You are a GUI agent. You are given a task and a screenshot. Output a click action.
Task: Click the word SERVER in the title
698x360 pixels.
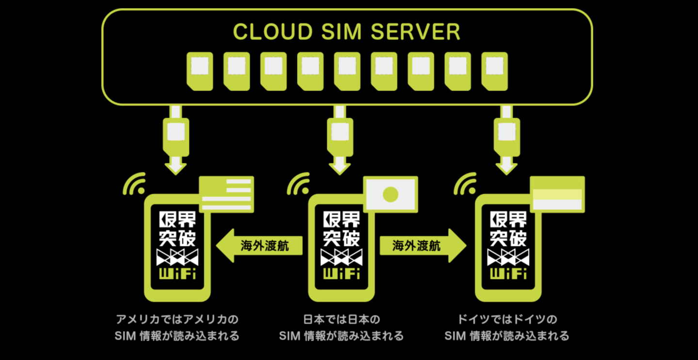pyautogui.click(x=415, y=32)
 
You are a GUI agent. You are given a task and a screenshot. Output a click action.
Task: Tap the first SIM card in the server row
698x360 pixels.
pyautogui.click(x=200, y=71)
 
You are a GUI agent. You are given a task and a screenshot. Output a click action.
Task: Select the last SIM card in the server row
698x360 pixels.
pyautogui.click(x=494, y=71)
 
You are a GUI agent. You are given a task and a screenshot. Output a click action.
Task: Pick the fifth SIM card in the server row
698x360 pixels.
pyautogui.click(x=347, y=71)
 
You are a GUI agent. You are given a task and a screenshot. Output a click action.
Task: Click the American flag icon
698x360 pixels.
pyautogui.click(x=226, y=194)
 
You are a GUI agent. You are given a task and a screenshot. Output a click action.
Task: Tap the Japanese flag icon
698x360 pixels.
pyautogui.click(x=391, y=194)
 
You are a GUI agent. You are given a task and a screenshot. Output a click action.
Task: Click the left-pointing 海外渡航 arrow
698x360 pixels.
pyautogui.click(x=259, y=246)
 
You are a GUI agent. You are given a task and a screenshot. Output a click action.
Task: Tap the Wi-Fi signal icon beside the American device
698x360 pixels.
pyautogui.click(x=134, y=184)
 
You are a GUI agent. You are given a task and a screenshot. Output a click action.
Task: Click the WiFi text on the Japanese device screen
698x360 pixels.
pyautogui.click(x=342, y=274)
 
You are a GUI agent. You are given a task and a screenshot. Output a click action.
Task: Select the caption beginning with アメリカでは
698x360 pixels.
pyautogui.click(x=177, y=328)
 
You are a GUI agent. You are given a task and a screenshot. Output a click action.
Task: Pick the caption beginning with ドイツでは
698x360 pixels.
pyautogui.click(x=507, y=328)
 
